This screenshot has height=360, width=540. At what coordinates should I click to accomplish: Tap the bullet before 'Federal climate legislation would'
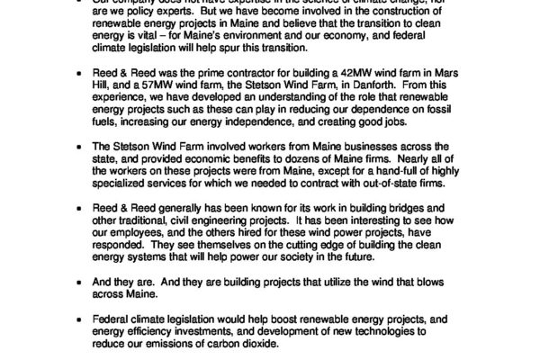coord(84,319)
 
